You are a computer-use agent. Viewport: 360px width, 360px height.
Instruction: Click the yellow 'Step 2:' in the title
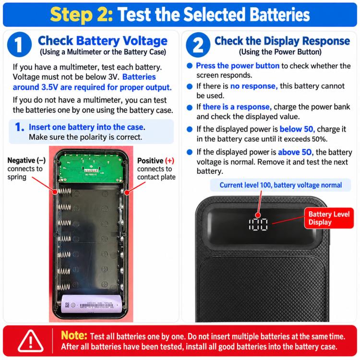coord(82,14)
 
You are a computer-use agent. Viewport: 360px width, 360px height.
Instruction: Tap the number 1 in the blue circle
coord(19,45)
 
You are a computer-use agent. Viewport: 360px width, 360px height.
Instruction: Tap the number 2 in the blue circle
coord(198,45)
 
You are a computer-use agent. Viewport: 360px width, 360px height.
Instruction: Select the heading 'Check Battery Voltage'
coord(103,41)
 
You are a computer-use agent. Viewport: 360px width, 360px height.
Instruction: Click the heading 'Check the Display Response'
coord(282,41)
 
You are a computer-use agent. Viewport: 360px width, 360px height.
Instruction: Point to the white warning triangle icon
coord(31,341)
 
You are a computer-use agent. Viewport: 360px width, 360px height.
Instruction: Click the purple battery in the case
coord(91,304)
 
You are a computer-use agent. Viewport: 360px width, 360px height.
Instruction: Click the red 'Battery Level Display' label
coord(329,218)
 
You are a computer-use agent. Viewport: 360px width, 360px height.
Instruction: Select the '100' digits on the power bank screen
coord(258,224)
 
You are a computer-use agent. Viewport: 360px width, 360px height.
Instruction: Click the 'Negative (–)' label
coord(26,160)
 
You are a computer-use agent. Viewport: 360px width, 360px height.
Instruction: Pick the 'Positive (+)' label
coord(156,161)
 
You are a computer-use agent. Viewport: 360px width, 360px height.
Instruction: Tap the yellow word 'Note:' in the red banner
coord(74,336)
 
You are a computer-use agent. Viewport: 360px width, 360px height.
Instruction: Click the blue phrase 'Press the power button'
coord(238,66)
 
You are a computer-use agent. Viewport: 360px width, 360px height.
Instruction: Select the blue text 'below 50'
coord(297,129)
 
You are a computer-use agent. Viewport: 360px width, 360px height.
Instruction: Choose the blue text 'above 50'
coord(295,152)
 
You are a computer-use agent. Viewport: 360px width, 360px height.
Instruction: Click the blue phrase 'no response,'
coord(254,86)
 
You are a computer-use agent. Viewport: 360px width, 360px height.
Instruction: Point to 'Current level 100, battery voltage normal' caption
coord(281,185)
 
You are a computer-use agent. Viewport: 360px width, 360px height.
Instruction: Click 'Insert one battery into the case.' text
coord(87,127)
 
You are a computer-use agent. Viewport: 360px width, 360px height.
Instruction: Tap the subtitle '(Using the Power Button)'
coord(280,52)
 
